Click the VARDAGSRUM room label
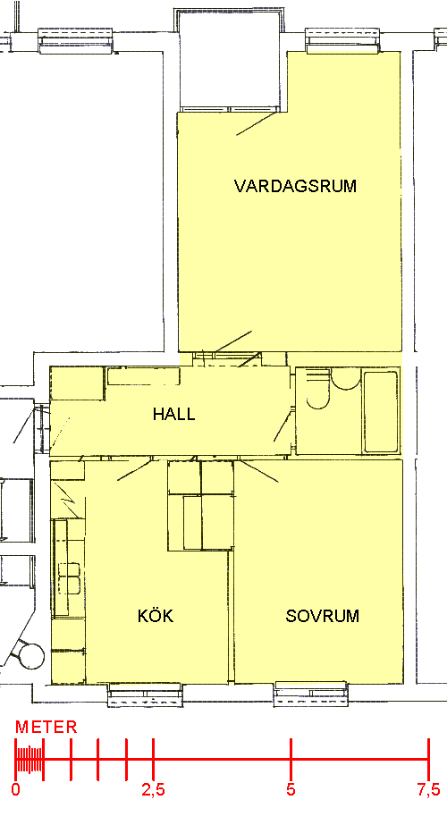point(295,186)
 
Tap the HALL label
point(173,414)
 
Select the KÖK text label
point(156,616)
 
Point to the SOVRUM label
point(322,616)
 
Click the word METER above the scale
point(46,728)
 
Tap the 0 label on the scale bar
point(16,790)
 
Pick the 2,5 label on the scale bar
point(153,790)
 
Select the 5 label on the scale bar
point(291,790)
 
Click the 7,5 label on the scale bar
point(428,790)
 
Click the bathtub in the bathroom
point(381,412)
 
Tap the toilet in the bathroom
point(317,390)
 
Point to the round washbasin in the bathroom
point(346,379)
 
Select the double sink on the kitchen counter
point(69,577)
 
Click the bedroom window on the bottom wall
point(310,693)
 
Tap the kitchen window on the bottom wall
point(145,694)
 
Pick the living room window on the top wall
point(342,41)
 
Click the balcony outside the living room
point(230,61)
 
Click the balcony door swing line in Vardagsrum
point(257,123)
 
